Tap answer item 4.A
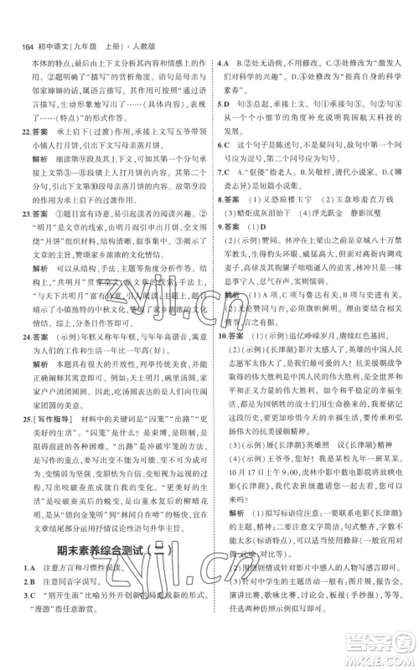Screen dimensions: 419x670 click(x=224, y=62)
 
